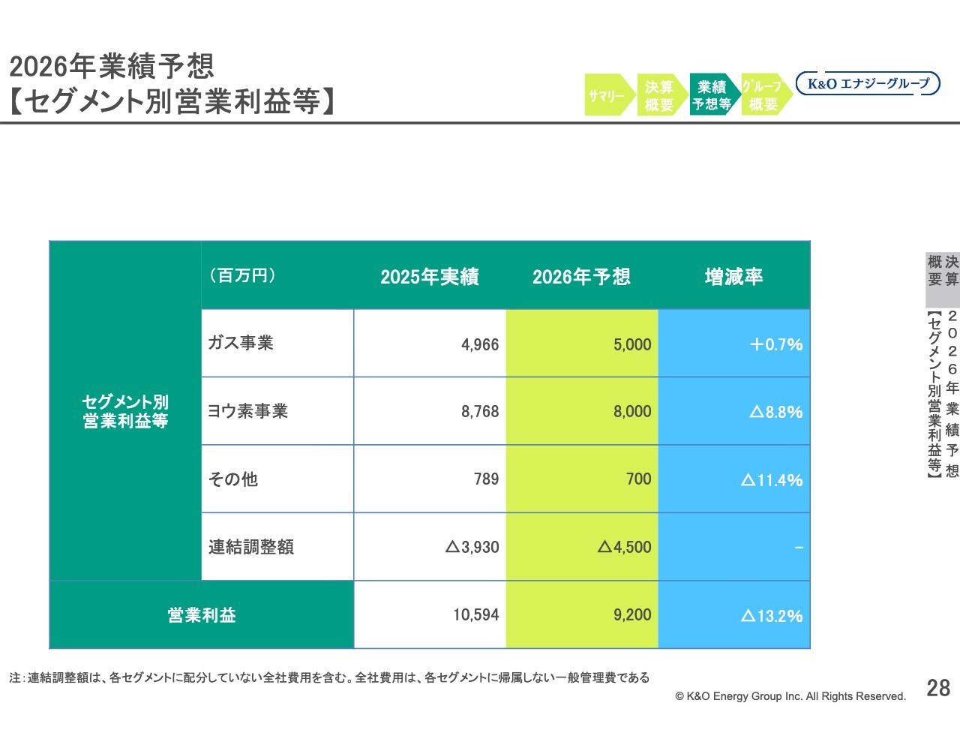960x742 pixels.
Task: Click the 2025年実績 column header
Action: pyautogui.click(x=429, y=277)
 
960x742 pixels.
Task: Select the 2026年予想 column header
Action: pyautogui.click(x=581, y=277)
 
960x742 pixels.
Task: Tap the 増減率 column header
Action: pyautogui.click(x=733, y=277)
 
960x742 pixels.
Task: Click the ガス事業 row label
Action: pyautogui.click(x=241, y=343)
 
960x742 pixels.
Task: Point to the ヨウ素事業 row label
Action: pyautogui.click(x=247, y=411)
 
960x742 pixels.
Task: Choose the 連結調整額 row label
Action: pyautogui.click(x=251, y=547)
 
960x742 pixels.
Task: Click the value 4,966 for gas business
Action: pyautogui.click(x=480, y=344)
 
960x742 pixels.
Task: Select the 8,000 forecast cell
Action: pyautogui.click(x=632, y=412)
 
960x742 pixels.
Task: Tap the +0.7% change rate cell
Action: pyautogui.click(x=776, y=344)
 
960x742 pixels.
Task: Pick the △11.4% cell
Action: pyautogui.click(x=772, y=480)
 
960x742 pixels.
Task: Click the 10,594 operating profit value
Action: pyautogui.click(x=475, y=615)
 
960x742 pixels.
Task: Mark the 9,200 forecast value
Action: pyautogui.click(x=632, y=615)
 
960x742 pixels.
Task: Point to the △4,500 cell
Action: pyautogui.click(x=624, y=547)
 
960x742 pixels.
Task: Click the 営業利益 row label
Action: pyautogui.click(x=202, y=615)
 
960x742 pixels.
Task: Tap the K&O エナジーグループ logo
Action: pyautogui.click(x=867, y=84)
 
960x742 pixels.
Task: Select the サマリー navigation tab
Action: pyautogui.click(x=606, y=95)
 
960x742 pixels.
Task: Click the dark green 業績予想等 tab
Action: pyautogui.click(x=712, y=95)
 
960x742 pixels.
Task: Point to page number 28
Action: pyautogui.click(x=938, y=688)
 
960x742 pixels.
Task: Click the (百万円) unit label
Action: pyautogui.click(x=242, y=275)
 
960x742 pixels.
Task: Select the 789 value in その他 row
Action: pyautogui.click(x=486, y=479)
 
